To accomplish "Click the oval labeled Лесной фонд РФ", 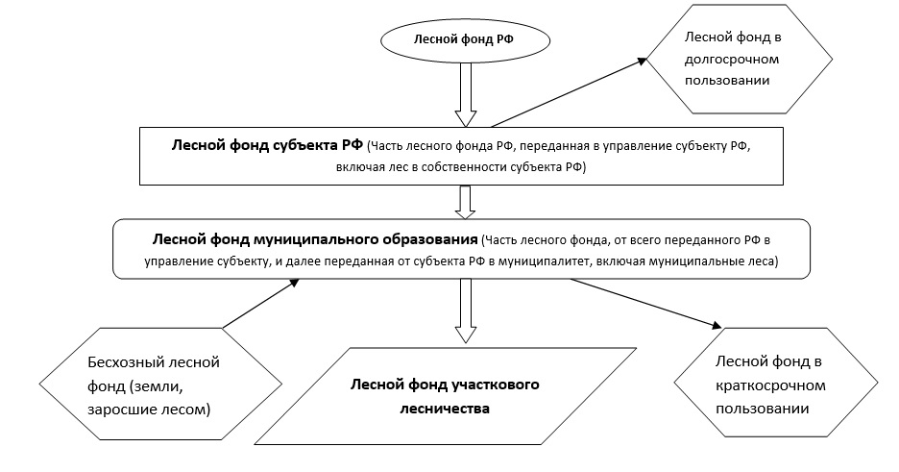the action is (x=465, y=40).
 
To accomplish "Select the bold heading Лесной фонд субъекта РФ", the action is (x=267, y=145).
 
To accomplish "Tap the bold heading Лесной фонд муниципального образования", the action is (x=315, y=238).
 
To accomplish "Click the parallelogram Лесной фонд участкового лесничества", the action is (x=445, y=396).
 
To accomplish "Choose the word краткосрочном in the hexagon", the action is (x=770, y=385).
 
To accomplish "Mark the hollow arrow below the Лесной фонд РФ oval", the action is (x=466, y=94).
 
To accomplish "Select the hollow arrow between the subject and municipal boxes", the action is (x=465, y=202).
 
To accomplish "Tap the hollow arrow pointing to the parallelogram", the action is (x=466, y=311).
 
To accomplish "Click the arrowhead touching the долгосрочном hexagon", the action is (x=642, y=61).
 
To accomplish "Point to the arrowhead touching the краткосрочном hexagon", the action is (x=717, y=325).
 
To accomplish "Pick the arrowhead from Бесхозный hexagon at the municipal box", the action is (x=294, y=283).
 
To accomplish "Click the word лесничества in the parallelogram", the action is (x=445, y=409).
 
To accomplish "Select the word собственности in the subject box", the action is (x=463, y=168).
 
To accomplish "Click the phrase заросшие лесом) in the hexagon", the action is (x=149, y=410).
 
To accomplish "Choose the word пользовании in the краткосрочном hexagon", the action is (x=762, y=409).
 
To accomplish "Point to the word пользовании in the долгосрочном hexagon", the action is (x=727, y=81).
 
